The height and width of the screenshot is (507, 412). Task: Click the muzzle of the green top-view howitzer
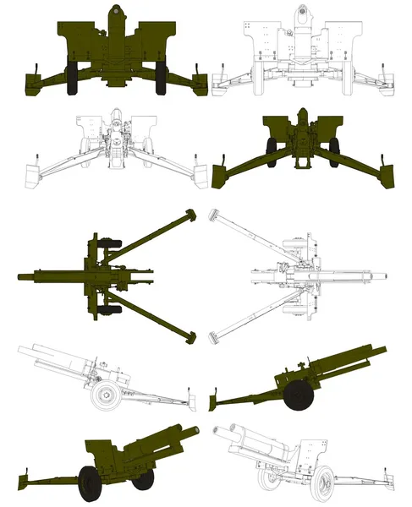(20, 275)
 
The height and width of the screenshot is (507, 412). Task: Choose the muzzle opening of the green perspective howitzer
(197, 429)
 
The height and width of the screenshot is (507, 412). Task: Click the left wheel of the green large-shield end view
(70, 78)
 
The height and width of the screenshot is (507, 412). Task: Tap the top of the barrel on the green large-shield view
(115, 11)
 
